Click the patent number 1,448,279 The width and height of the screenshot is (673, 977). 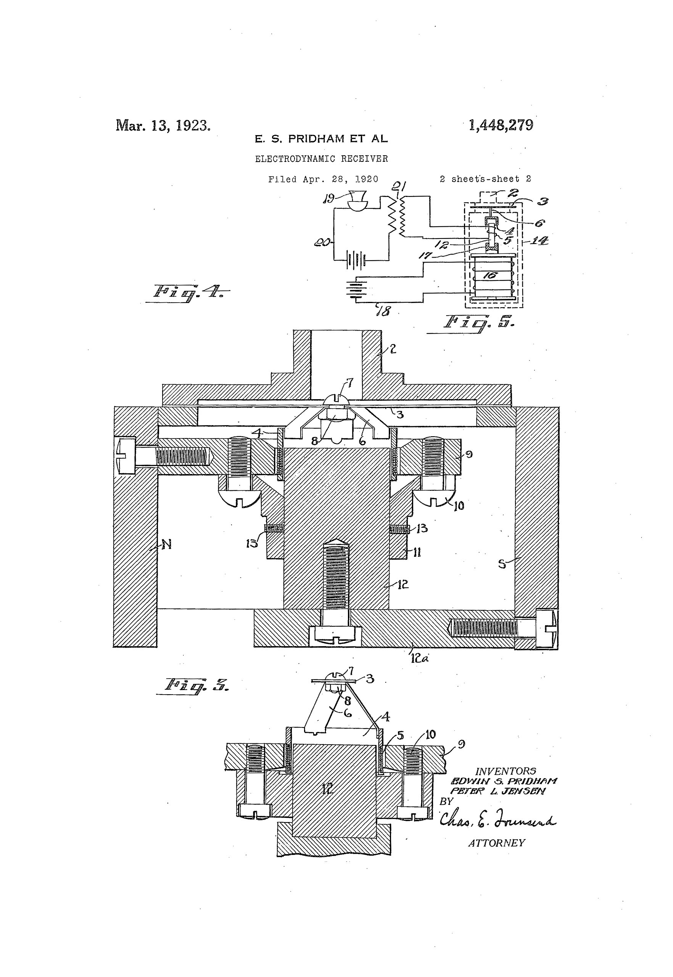501,125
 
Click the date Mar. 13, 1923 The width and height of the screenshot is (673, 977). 163,125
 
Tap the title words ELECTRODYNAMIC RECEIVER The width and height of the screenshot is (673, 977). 321,159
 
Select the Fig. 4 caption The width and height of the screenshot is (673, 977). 188,292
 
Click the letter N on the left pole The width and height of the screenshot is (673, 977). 167,545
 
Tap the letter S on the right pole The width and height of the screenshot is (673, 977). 502,564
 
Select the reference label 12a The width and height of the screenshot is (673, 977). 419,658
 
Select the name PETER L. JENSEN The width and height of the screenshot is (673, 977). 498,791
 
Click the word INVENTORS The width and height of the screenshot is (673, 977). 506,771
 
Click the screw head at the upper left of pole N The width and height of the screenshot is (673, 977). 126,455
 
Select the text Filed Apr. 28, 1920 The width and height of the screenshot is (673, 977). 323,179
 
